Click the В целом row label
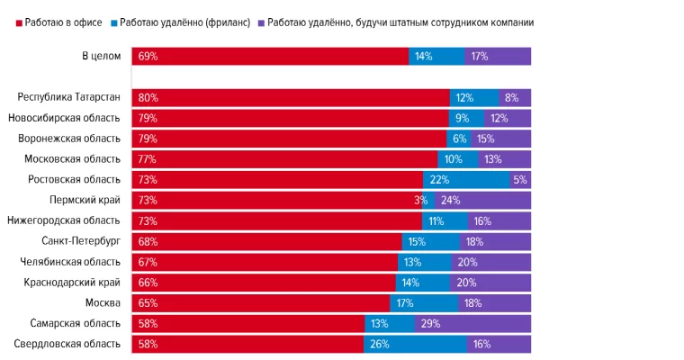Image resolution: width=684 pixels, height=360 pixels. (x=101, y=56)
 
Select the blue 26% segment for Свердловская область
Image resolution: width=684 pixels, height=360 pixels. (x=416, y=344)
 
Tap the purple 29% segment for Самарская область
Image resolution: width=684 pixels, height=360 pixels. (x=472, y=323)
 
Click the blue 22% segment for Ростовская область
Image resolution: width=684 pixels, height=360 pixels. (x=466, y=179)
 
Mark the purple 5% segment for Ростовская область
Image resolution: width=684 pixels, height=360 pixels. (x=520, y=179)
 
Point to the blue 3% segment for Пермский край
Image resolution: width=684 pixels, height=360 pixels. (x=428, y=200)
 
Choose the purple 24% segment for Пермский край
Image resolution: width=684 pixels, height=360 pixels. (x=482, y=200)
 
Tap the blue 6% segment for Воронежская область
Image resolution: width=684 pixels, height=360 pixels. (x=458, y=139)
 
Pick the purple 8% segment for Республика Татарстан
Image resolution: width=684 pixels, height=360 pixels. (x=515, y=97)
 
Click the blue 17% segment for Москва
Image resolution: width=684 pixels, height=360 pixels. (x=424, y=302)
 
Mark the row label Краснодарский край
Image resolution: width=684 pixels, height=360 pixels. (x=72, y=283)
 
